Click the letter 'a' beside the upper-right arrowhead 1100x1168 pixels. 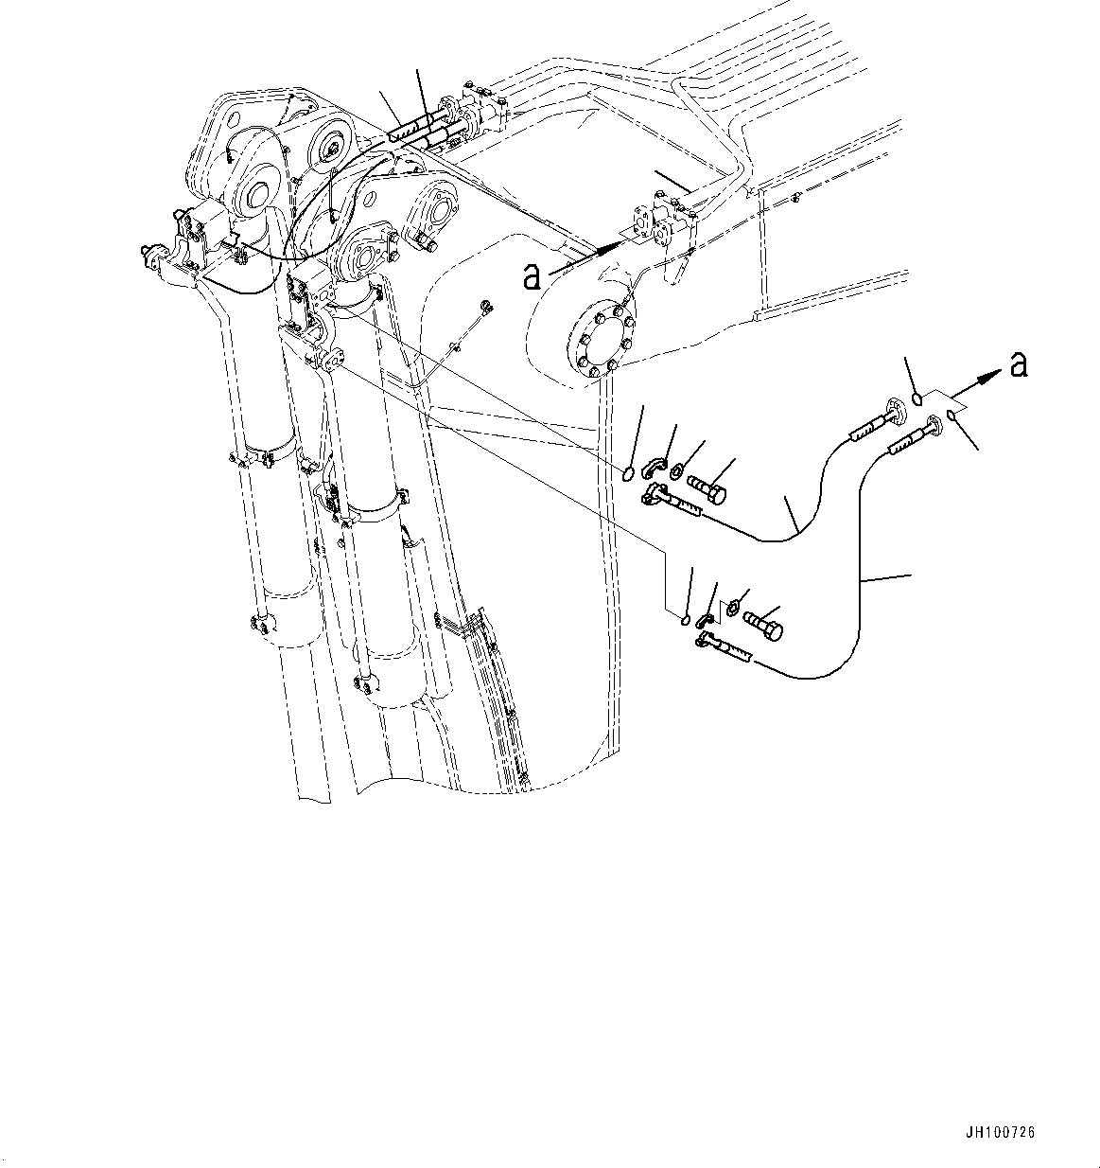pos(1018,364)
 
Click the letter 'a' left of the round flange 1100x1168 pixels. pos(533,275)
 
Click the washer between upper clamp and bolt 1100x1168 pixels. pos(679,471)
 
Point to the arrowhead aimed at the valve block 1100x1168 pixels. pos(611,244)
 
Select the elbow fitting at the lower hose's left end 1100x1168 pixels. pos(703,643)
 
